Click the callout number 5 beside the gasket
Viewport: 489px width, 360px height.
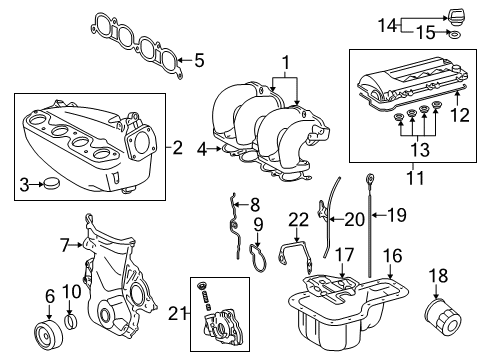point(198,60)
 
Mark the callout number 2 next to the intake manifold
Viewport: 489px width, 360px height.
point(177,148)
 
